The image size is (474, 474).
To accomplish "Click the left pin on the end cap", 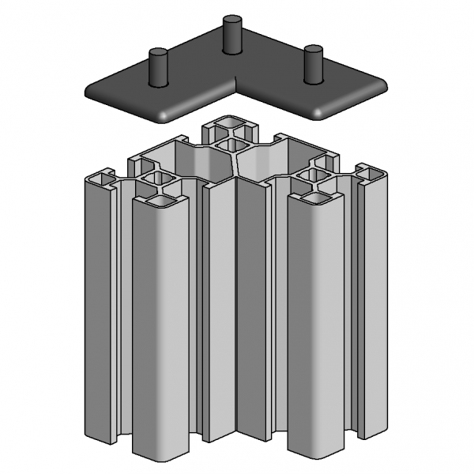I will [x=160, y=66].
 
